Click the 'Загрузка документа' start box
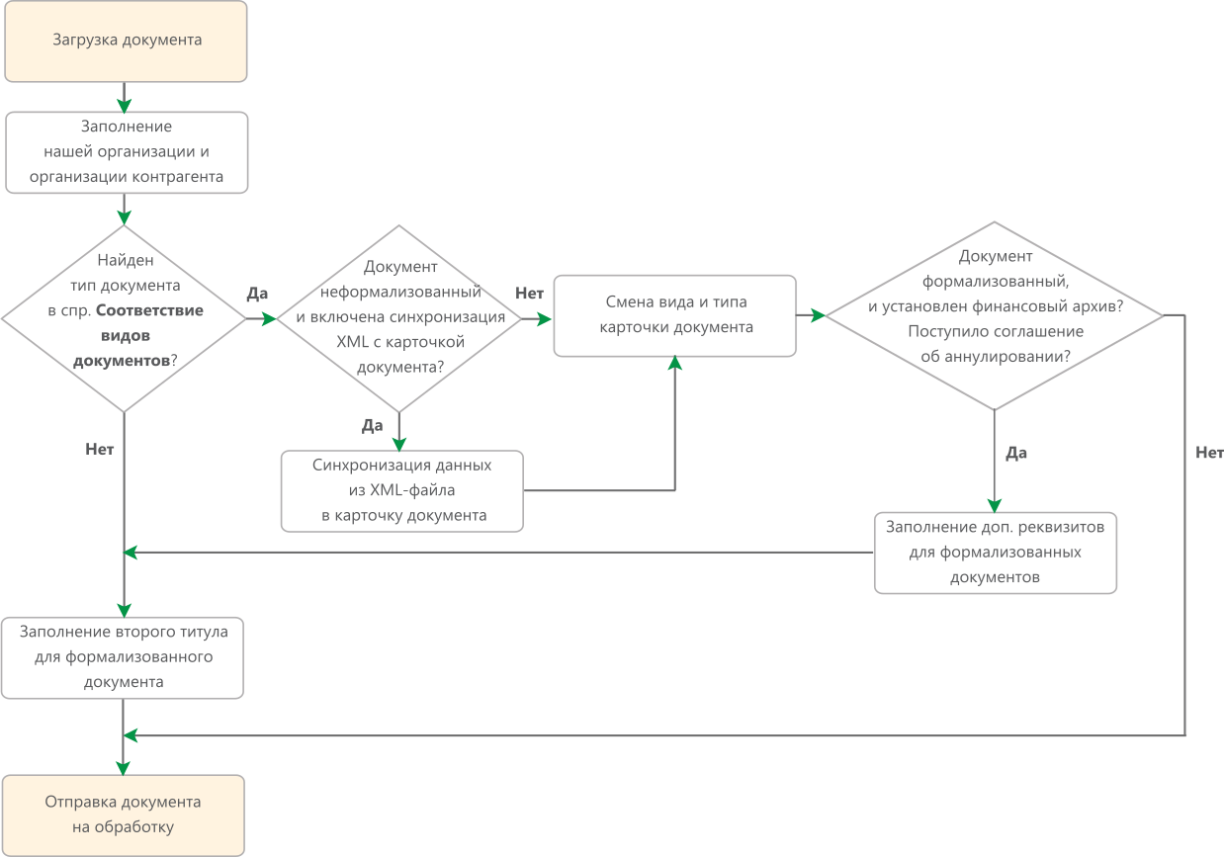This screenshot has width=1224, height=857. point(126,41)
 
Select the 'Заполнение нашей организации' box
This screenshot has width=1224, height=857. point(127,152)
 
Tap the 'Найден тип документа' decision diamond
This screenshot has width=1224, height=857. point(124,318)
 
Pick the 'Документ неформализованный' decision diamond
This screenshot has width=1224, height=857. point(398,318)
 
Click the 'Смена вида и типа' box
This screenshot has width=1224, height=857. point(675,315)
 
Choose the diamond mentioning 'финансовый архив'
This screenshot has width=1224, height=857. point(995,315)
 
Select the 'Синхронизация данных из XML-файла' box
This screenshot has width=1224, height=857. point(402,491)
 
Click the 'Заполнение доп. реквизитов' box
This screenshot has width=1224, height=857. point(996,553)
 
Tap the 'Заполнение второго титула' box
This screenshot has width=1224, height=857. point(123,657)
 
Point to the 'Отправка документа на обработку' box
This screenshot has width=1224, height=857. point(124,815)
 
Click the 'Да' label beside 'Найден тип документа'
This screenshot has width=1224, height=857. point(257,294)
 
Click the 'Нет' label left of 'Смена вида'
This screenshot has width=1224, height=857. point(530,294)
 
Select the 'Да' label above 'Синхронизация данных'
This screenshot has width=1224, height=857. point(372,425)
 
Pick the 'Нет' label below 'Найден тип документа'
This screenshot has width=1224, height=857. point(100,449)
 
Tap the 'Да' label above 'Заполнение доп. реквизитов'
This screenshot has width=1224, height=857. point(1016,453)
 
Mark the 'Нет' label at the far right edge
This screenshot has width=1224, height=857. point(1209,453)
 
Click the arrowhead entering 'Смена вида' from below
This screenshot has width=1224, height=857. point(675,363)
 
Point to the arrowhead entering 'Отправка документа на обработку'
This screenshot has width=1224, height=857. point(123,768)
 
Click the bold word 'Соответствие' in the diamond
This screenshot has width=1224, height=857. point(149,310)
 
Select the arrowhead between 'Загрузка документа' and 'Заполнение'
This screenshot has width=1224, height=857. point(124,106)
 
